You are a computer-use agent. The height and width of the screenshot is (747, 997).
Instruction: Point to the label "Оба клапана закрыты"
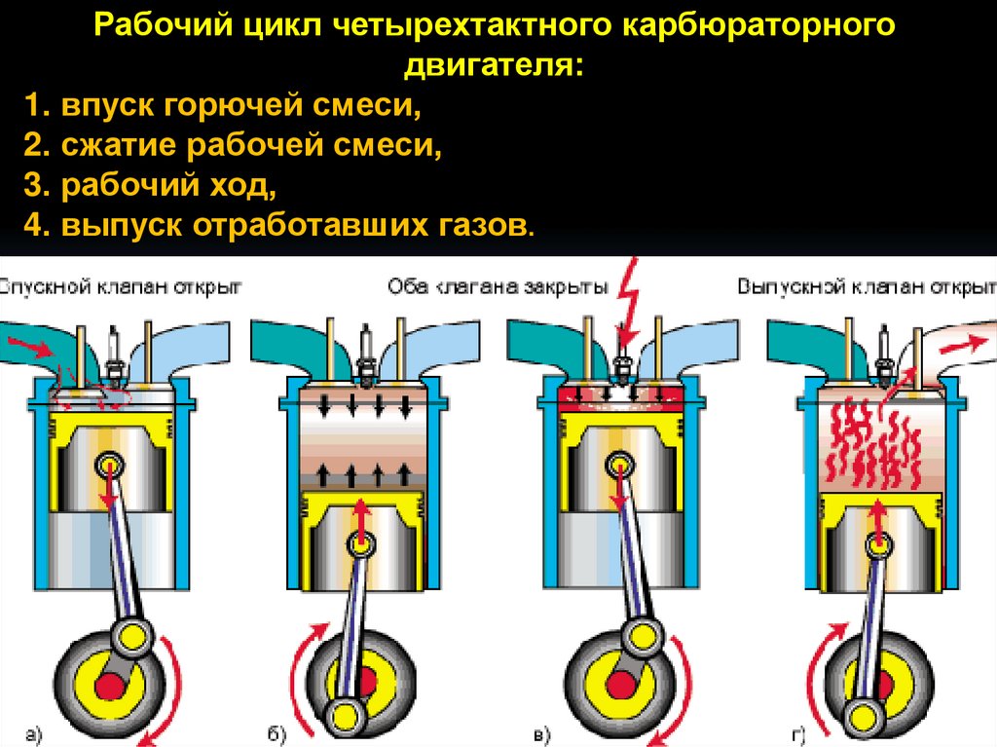point(498,287)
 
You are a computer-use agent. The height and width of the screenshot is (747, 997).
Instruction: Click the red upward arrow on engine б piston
point(362,517)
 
